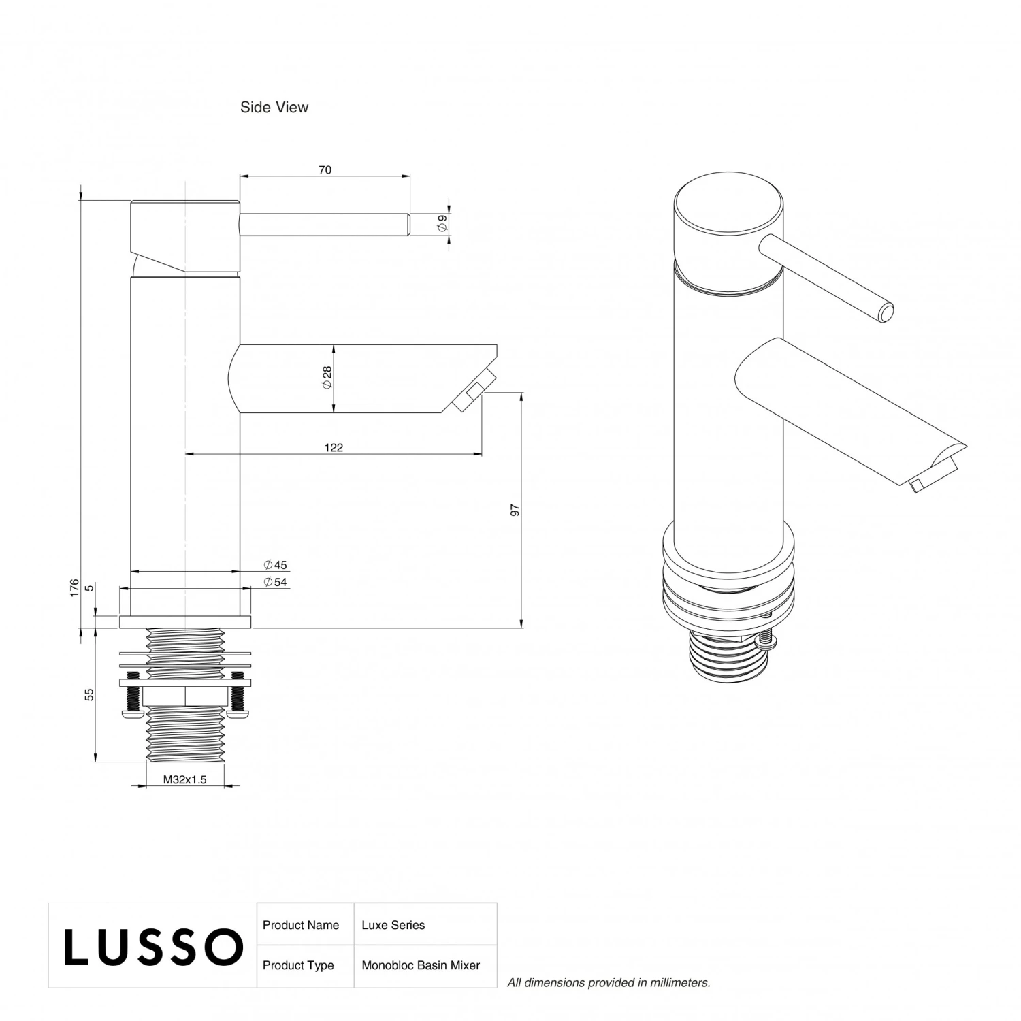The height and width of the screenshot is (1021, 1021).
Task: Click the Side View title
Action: click(274, 108)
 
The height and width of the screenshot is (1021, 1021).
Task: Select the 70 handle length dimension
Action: click(325, 170)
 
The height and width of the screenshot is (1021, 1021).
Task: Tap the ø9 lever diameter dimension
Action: click(442, 221)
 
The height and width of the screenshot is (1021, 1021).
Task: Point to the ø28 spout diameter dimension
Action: click(327, 378)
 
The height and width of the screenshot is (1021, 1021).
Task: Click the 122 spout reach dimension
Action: click(334, 448)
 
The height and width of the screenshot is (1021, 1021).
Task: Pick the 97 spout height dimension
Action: click(515, 510)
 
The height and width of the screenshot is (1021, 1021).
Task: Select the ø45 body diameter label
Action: click(276, 565)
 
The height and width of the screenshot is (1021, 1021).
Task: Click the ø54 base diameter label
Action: click(276, 582)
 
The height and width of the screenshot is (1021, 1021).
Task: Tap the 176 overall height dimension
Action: click(75, 588)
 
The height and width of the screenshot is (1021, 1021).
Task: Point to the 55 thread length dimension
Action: click(89, 694)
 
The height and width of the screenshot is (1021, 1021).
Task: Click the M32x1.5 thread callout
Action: click(184, 780)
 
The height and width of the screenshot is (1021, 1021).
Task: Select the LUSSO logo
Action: click(153, 946)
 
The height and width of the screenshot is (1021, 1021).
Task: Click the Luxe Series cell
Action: click(393, 925)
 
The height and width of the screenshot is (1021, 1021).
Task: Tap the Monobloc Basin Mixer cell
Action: click(421, 965)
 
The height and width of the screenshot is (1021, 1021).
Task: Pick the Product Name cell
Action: click(301, 925)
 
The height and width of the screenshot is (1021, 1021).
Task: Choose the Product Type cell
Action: click(298, 965)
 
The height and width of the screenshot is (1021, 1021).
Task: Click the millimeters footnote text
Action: click(609, 982)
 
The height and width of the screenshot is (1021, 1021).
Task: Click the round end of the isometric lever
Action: click(885, 313)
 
